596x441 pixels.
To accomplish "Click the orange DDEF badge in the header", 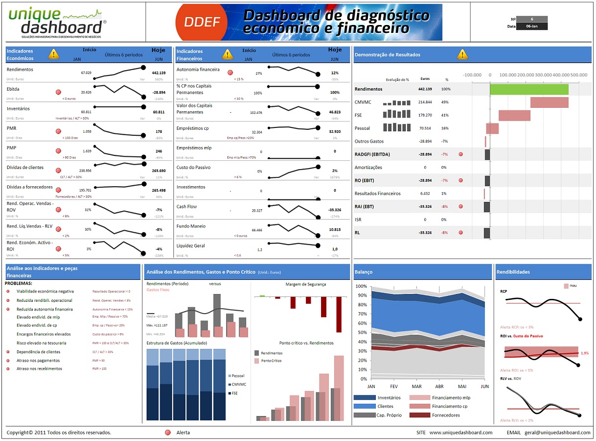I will coord(202,22).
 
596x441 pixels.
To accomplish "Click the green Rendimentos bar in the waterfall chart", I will coord(529,89).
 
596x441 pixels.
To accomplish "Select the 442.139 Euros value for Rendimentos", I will coord(425,89).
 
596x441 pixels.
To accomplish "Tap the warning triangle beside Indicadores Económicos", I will coord(54,54).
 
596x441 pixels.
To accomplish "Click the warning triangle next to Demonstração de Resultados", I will coord(462,54).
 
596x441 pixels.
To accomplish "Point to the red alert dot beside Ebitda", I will coord(58,92).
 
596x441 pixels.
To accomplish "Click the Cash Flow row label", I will coord(186,207).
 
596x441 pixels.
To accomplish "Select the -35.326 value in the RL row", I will coord(425,233).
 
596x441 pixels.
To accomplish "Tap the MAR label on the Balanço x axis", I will coord(416,387).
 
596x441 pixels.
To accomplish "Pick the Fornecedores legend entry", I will coord(445,415).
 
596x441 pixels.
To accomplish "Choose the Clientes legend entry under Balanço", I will coord(385,406).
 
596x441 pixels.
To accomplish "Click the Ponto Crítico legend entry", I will coord(271,361).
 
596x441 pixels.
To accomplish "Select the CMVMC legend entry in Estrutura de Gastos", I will coord(238,385).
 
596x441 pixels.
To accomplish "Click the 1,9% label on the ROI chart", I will coord(584,353).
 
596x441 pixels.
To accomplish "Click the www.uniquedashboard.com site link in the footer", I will coord(460,433).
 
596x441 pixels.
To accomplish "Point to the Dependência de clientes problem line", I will coord(38,352).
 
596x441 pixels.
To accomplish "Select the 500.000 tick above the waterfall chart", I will coord(579,75).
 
